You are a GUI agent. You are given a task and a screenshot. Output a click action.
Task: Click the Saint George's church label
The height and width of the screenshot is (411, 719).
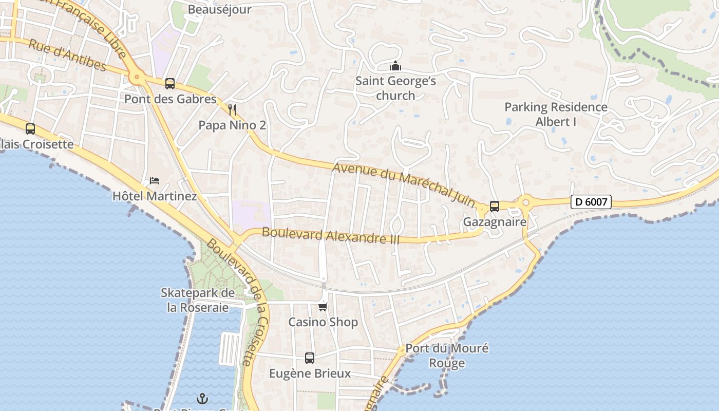(395, 88)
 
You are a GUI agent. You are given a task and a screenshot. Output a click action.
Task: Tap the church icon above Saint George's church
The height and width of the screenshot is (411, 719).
(395, 66)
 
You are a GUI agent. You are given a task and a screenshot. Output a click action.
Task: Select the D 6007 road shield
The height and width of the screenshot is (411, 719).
(591, 202)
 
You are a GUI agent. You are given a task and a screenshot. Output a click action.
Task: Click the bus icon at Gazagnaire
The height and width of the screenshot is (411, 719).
(494, 207)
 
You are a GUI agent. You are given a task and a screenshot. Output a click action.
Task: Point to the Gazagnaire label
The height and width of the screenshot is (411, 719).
(495, 222)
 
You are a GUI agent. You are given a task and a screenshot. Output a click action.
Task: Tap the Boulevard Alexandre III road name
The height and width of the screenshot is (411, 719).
(331, 235)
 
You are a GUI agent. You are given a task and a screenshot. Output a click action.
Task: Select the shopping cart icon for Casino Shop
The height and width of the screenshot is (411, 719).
(323, 307)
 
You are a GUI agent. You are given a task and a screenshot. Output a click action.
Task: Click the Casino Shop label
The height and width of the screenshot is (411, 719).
(323, 322)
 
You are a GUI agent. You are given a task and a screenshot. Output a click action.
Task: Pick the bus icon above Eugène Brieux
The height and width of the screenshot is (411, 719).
(309, 358)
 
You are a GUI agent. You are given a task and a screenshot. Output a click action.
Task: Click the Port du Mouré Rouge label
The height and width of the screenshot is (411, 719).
(447, 356)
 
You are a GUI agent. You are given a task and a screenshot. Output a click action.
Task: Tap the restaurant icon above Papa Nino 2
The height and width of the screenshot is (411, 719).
(232, 109)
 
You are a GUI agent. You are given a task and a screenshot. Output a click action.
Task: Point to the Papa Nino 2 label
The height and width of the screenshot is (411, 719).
(232, 125)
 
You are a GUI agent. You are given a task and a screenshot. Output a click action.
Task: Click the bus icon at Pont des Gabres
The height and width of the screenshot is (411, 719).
(169, 83)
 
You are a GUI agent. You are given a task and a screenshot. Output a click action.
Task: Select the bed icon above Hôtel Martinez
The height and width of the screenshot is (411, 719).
(154, 180)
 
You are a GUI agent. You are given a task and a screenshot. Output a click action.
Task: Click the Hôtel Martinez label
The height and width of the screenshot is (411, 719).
(155, 196)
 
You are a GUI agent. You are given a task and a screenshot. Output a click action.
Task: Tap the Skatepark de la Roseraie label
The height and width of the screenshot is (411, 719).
(198, 300)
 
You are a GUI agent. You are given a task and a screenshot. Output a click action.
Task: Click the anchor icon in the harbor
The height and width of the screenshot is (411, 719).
(202, 399)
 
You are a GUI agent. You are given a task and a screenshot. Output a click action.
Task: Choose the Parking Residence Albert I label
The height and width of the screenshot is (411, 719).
(556, 114)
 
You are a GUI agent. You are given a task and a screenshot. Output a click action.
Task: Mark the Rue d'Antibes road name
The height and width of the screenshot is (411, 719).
(67, 55)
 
